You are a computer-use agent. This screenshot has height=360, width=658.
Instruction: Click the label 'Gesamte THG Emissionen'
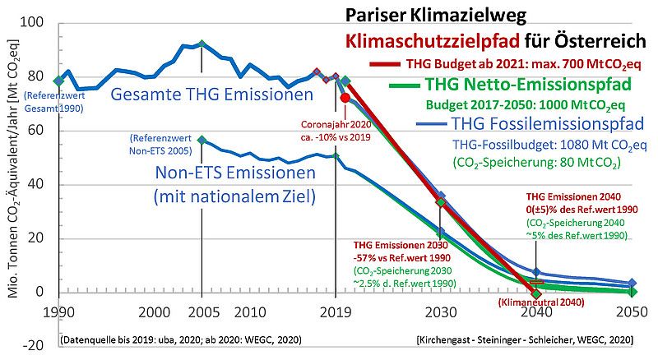click(212, 96)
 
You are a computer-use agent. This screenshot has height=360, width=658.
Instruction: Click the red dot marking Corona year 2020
click(345, 98)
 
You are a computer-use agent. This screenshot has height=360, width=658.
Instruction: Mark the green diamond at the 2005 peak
click(201, 44)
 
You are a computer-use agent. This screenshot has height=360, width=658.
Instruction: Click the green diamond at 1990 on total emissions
click(58, 81)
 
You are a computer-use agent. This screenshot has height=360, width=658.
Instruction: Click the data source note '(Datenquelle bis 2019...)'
click(179, 339)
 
